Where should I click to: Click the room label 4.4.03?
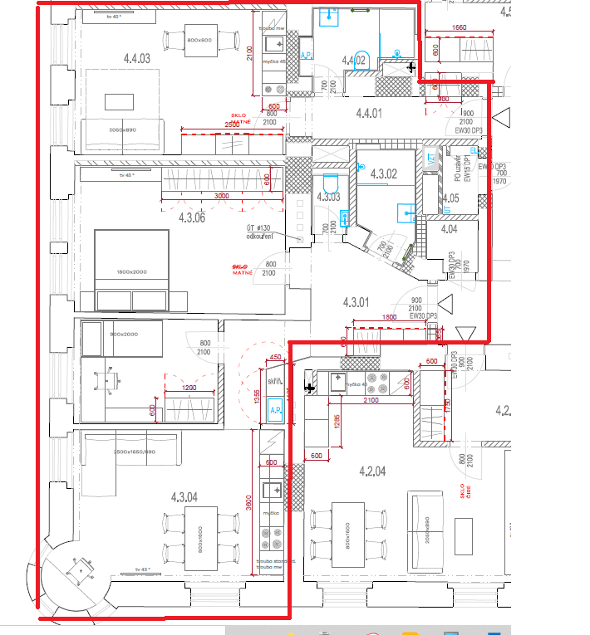137,59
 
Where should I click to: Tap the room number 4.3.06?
192,217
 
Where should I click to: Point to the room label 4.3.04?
184,497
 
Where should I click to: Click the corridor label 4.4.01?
368,114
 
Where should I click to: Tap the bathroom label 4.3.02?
385,174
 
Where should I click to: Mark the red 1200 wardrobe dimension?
190,388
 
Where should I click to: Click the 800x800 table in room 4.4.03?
199,41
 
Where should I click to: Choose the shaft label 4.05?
450,198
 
